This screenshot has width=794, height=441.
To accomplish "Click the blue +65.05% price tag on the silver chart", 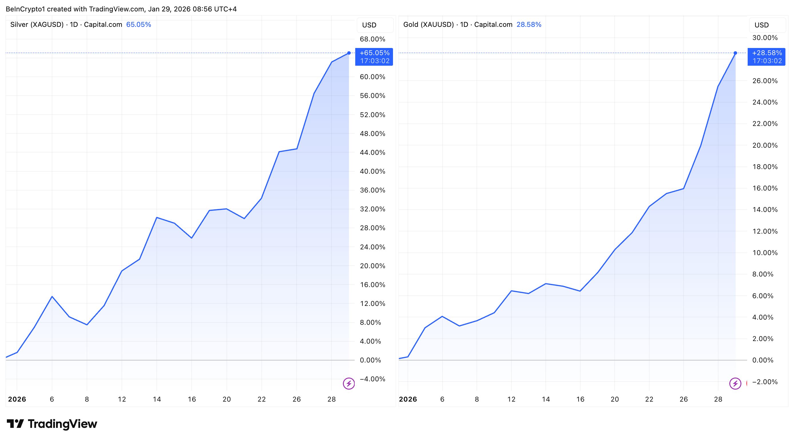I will (x=374, y=57).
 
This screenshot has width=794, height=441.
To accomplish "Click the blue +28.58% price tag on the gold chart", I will (x=766, y=57).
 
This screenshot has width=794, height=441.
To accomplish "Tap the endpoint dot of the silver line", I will (x=349, y=53).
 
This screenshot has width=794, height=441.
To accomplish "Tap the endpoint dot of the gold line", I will (x=735, y=53).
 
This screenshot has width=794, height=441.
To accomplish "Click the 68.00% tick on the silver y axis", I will (x=372, y=39).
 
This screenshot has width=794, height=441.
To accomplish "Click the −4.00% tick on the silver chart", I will (x=372, y=379).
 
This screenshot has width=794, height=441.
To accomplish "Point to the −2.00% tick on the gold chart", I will (x=765, y=382).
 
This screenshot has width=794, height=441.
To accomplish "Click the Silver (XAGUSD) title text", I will (x=37, y=25).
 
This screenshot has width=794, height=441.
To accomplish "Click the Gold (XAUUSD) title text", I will (x=428, y=25).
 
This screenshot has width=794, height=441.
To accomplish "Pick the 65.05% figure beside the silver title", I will (x=138, y=25).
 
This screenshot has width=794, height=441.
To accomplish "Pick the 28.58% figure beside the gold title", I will (x=529, y=25).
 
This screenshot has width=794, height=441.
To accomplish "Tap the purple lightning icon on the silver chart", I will (x=349, y=384).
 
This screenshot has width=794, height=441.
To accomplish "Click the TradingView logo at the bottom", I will (x=52, y=424).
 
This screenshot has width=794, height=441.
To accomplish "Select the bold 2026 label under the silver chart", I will (x=17, y=399).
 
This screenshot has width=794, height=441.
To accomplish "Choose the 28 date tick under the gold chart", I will (x=718, y=399).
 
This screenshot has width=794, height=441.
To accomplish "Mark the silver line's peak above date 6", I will (x=52, y=296).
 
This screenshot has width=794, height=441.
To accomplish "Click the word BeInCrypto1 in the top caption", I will (x=25, y=9).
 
